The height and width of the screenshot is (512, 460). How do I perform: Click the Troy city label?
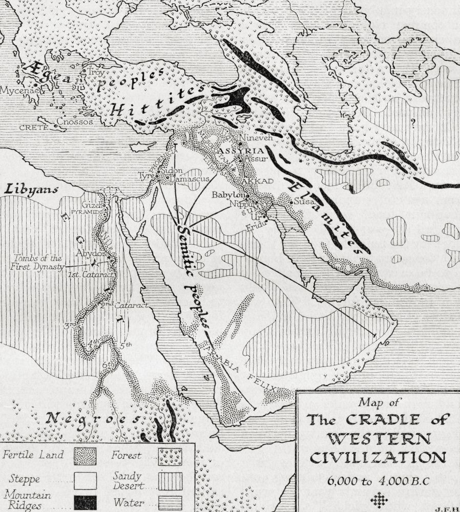coord(96,73)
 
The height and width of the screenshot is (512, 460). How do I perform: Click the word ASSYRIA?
coord(240,151)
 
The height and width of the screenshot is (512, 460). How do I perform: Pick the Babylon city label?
coord(228,195)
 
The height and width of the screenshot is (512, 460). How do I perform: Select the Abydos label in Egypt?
coord(91,253)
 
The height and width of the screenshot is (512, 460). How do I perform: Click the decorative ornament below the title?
coord(377,501)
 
